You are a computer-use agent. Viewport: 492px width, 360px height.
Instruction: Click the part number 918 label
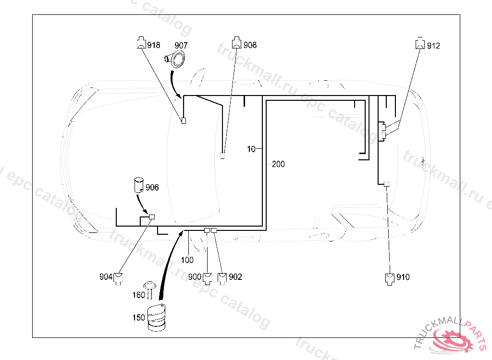[154, 45]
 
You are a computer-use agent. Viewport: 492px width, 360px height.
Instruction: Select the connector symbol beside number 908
[236, 43]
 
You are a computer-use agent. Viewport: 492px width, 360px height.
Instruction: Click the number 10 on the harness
[251, 149]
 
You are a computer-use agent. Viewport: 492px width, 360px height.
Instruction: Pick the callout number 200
[278, 164]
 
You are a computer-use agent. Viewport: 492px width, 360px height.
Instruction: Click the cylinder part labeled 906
[138, 185]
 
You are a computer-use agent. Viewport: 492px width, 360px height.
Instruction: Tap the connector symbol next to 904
[118, 278]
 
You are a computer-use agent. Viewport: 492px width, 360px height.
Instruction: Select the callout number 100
[187, 260]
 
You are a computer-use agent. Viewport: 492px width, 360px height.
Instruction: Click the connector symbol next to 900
[208, 278]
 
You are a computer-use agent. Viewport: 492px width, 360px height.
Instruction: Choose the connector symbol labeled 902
[222, 278]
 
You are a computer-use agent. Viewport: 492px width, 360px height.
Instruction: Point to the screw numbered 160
[150, 289]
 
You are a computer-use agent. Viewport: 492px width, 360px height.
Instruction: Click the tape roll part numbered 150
[156, 318]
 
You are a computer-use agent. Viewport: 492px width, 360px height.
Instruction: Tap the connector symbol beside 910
[390, 278]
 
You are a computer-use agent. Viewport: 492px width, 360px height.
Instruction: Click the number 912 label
[433, 46]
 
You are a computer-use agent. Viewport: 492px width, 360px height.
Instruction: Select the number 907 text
[181, 45]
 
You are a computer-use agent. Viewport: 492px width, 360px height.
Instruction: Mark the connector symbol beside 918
[141, 43]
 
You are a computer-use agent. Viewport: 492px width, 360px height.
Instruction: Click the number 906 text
[152, 187]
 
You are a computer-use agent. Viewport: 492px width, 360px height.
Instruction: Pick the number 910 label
[404, 277]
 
